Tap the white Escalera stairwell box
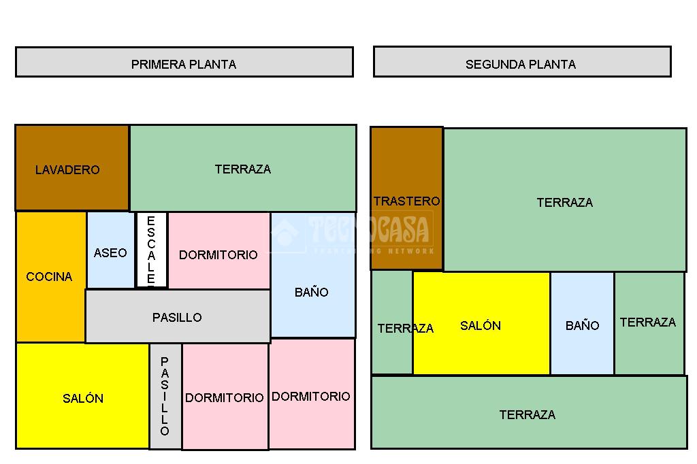(x=151, y=250)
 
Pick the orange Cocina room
(x=50, y=277)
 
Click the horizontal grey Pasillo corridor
(x=177, y=316)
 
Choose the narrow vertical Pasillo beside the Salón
(x=165, y=397)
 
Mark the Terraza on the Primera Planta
(x=243, y=168)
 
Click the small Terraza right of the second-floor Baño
(x=648, y=322)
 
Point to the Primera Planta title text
(x=184, y=65)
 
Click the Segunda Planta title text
(x=521, y=65)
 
